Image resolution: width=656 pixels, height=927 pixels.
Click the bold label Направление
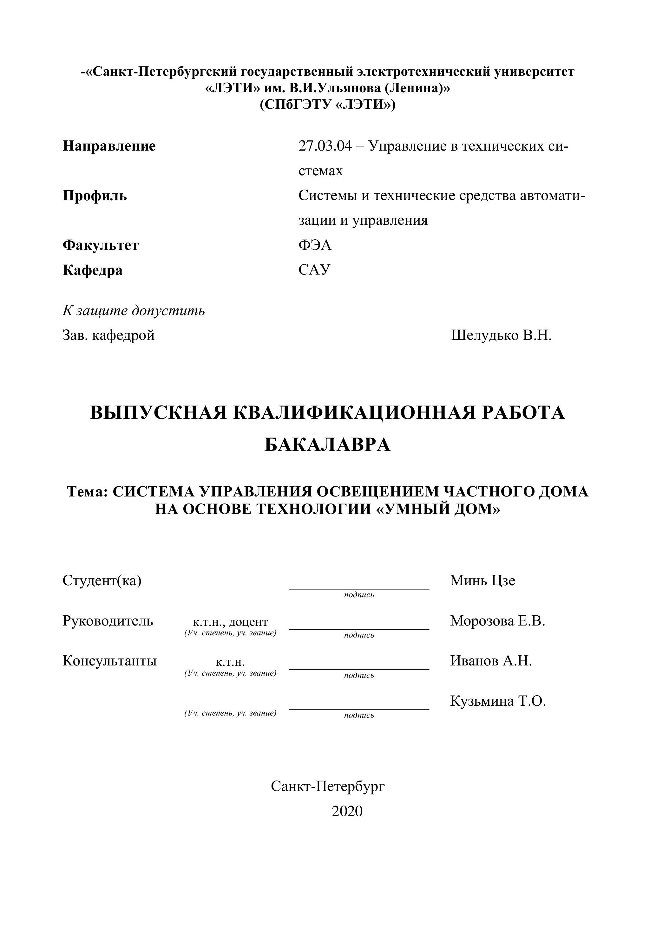coord(109,146)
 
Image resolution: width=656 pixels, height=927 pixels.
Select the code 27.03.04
coord(325,146)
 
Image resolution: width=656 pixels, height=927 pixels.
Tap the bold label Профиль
coord(95,196)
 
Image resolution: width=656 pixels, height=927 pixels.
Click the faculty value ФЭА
coord(315,245)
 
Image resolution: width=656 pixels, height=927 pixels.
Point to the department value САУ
coord(314,270)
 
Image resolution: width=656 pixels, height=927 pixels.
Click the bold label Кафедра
coord(93,270)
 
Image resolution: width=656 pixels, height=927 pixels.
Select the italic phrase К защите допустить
coord(134,310)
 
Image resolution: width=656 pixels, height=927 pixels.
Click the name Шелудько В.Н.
coord(501,335)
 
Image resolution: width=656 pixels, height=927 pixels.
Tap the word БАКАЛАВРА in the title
coord(328,445)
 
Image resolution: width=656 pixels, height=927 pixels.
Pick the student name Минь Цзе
coord(483,580)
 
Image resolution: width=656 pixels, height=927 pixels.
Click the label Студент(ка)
coord(102,580)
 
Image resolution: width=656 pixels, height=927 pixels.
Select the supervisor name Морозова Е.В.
coord(498,620)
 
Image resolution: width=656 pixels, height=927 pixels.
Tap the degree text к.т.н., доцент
coord(230,622)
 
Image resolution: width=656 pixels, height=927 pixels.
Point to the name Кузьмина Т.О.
coord(498,701)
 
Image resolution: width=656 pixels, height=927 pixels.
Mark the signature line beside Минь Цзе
coord(359,589)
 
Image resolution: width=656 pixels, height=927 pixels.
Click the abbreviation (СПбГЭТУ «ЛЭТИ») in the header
coord(328,105)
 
